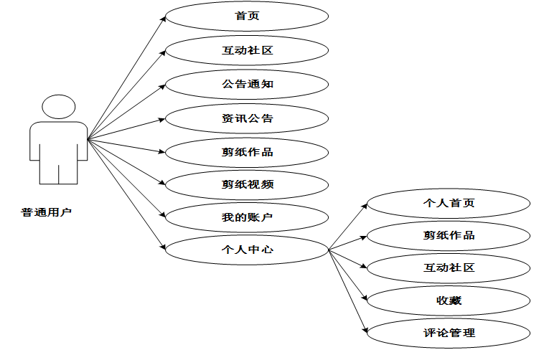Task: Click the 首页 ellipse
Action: click(x=247, y=16)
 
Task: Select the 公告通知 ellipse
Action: click(x=247, y=85)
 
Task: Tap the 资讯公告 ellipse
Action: click(x=247, y=118)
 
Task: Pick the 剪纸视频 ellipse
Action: click(x=247, y=184)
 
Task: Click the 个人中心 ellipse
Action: click(x=247, y=250)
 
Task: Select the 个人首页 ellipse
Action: click(x=449, y=204)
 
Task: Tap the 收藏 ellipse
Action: click(x=449, y=300)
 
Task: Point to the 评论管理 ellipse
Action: click(x=449, y=333)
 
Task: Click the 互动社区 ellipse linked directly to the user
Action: click(x=247, y=51)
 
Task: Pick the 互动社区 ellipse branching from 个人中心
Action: click(x=449, y=267)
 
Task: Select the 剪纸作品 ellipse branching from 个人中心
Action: click(x=449, y=235)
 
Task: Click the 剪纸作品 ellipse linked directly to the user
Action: click(x=247, y=152)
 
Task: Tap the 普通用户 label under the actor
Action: click(x=47, y=212)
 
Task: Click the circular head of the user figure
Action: click(x=58, y=108)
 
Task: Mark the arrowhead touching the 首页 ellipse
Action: click(x=164, y=19)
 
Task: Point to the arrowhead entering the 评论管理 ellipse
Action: click(x=365, y=331)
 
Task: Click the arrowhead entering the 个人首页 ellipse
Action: click(x=365, y=207)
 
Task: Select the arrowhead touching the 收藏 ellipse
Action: click(x=365, y=298)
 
